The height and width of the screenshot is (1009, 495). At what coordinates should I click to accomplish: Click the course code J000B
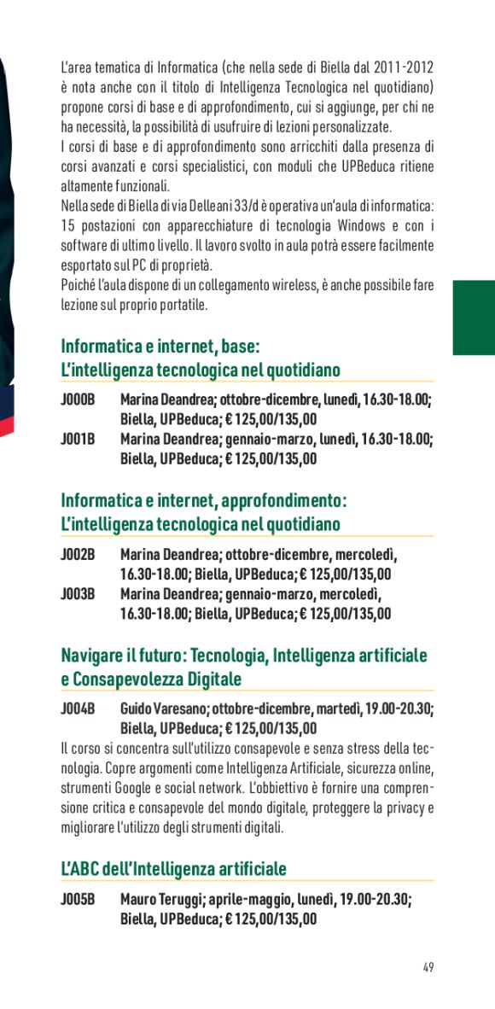click(x=77, y=400)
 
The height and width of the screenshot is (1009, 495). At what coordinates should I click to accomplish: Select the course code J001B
click(x=77, y=439)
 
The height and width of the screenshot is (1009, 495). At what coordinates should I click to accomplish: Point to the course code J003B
click(x=77, y=593)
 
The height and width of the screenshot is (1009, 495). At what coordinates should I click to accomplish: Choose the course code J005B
click(x=77, y=899)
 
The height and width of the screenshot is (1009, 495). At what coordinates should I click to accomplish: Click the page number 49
click(x=428, y=967)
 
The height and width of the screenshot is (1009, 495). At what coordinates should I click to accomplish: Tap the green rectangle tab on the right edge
click(x=474, y=318)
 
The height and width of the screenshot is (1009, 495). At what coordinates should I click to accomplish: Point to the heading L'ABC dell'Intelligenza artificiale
click(x=173, y=868)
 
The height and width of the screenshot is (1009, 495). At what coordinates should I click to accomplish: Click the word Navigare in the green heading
click(x=93, y=656)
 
